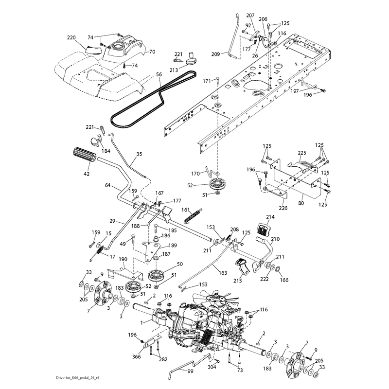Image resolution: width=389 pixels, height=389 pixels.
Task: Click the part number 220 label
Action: [x=71, y=38]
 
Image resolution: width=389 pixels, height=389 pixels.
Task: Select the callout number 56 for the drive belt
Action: [x=159, y=74]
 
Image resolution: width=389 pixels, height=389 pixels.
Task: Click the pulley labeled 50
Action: [x=157, y=275]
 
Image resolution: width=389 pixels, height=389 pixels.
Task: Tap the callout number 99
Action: [x=190, y=371]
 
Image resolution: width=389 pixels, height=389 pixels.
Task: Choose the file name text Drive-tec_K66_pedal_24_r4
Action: [x=78, y=378]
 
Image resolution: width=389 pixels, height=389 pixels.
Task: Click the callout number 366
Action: [x=137, y=356]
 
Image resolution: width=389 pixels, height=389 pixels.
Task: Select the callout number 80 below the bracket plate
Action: [x=301, y=203]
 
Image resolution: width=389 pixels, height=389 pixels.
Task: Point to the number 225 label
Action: [x=302, y=153]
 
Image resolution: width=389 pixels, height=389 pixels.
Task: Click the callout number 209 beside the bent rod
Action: [x=215, y=54]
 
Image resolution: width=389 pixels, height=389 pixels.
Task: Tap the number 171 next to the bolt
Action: [x=207, y=81]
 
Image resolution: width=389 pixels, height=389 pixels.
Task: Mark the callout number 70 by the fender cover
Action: [x=152, y=52]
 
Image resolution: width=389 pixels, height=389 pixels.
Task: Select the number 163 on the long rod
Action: [x=223, y=273]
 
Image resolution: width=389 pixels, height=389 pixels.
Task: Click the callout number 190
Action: [x=123, y=259]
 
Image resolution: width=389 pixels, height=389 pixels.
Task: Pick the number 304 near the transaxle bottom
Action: [x=212, y=367]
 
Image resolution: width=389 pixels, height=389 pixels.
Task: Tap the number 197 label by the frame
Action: [x=295, y=91]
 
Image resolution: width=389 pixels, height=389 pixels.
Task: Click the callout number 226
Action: [x=283, y=208]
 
